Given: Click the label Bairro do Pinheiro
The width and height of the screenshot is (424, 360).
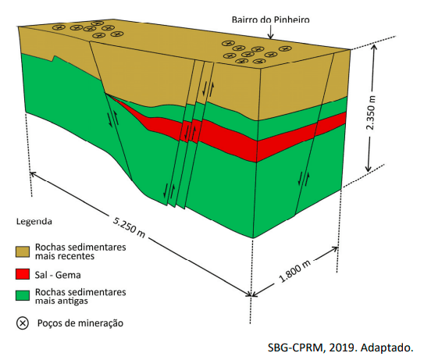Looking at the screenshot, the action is point(270,20).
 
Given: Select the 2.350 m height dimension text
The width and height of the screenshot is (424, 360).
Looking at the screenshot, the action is point(370,112).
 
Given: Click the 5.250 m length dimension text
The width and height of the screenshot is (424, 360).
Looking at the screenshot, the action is point(129,227).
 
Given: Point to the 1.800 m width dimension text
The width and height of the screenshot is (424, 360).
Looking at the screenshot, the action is point(294,271).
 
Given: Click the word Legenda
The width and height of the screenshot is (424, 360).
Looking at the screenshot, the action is point(34,221).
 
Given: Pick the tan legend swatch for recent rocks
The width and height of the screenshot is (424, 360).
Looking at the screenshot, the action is point(23,251).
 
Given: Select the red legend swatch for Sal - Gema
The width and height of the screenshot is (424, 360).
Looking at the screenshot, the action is point(23,274).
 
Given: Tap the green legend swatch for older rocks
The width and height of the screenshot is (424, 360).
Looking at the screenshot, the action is point(23,296).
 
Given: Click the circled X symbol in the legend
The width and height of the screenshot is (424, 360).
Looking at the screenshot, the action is point(23,323).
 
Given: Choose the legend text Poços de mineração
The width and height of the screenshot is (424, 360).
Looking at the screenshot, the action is point(80,323).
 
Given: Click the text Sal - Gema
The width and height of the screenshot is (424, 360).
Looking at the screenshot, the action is point(58,275).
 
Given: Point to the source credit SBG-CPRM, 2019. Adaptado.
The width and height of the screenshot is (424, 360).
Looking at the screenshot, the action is point(340,348).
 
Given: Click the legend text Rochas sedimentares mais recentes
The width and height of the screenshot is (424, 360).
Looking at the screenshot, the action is point(80,251).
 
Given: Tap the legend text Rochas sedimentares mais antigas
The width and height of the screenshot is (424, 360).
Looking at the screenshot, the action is point(80,297).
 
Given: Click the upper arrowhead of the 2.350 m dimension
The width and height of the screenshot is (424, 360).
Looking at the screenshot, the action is point(374,47).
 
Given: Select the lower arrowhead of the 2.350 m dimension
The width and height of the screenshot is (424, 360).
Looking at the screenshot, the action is point(369,169).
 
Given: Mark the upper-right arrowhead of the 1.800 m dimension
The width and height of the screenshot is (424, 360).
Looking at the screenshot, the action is point(335,249).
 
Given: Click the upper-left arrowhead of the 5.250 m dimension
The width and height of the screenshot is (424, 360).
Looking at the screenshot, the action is point(33,174).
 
